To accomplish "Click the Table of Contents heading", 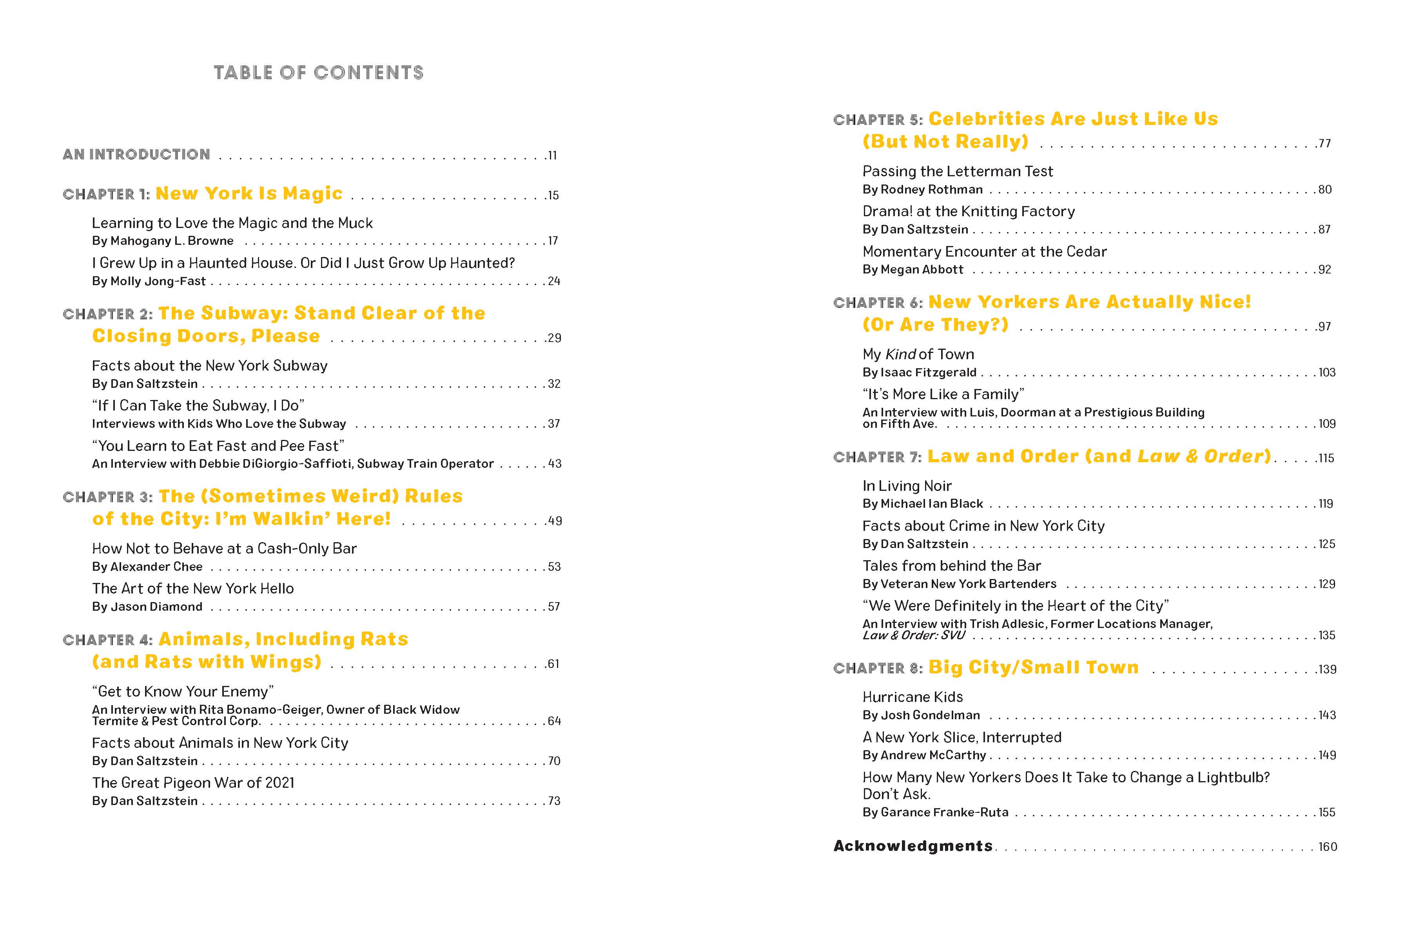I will click(x=319, y=72).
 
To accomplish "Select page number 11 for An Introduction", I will click(x=552, y=156).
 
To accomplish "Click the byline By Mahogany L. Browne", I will click(x=162, y=241).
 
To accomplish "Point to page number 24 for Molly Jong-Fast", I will click(x=554, y=281).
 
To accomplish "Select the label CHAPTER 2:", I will click(x=108, y=315).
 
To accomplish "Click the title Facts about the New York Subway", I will click(x=210, y=366).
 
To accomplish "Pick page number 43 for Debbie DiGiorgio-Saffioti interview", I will click(x=555, y=463).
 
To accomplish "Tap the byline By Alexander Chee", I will click(x=147, y=566).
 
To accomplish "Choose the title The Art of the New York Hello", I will click(x=193, y=589).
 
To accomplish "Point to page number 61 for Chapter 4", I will click(x=553, y=664).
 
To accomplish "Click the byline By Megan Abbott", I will click(x=913, y=270).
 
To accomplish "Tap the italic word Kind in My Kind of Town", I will click(x=900, y=355).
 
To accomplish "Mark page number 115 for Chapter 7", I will click(x=1326, y=458).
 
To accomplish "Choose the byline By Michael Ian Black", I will click(x=923, y=504).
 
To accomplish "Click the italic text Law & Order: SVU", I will click(x=914, y=635).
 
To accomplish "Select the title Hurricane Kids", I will click(x=913, y=697).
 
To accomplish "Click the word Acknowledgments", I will click(x=913, y=846).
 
